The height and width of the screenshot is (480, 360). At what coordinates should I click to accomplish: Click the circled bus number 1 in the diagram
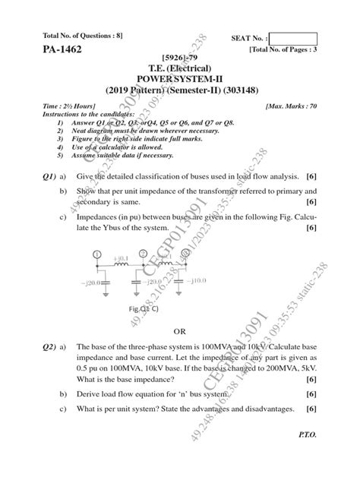pyautogui.click(x=96, y=254)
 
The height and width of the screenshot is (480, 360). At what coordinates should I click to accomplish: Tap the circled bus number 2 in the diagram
pyautogui.click(x=142, y=254)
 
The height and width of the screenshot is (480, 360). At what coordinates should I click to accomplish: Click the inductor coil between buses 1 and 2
pyautogui.click(x=121, y=267)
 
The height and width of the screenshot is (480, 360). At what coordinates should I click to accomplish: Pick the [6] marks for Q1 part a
pyautogui.click(x=311, y=175)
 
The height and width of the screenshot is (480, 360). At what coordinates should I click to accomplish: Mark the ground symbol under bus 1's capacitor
pyautogui.click(x=95, y=296)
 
